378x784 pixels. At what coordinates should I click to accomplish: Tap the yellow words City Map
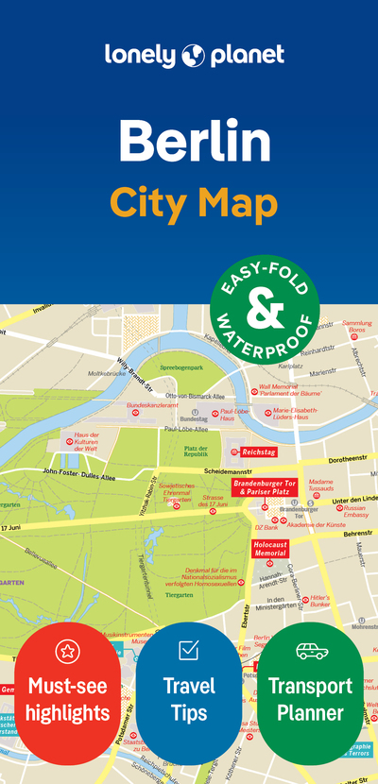coord(194,202)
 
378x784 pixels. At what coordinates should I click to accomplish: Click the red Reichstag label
coord(258,452)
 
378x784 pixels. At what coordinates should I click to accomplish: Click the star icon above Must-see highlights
coord(67,651)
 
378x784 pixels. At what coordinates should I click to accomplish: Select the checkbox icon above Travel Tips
coord(188,650)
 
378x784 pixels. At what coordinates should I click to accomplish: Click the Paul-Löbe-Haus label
coord(232,415)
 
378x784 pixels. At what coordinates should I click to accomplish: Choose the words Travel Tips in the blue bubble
coord(189,698)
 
